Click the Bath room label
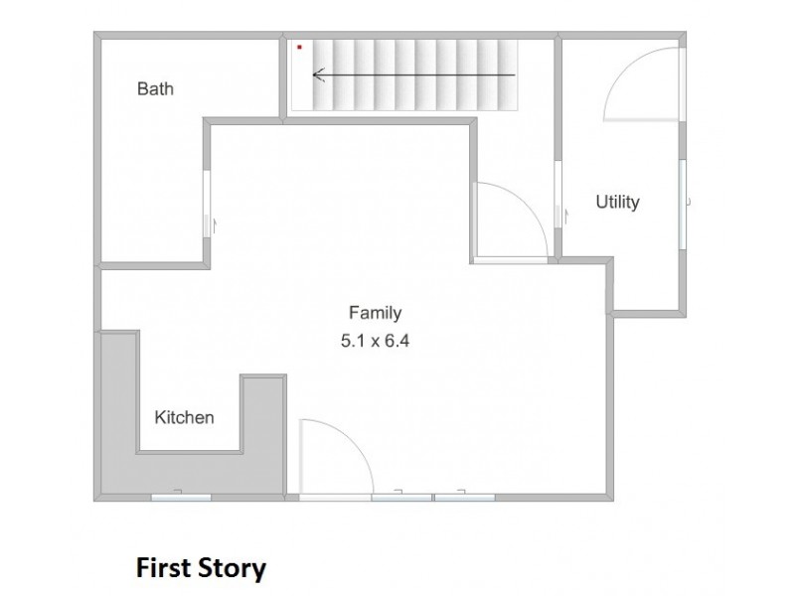pyautogui.click(x=155, y=88)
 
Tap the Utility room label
pyautogui.click(x=617, y=202)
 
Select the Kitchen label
pyautogui.click(x=184, y=417)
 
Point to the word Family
pyautogui.click(x=376, y=313)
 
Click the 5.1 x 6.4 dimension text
pyautogui.click(x=376, y=341)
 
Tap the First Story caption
pyautogui.click(x=201, y=568)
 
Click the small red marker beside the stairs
pyautogui.click(x=300, y=47)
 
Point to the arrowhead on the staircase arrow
pyautogui.click(x=318, y=75)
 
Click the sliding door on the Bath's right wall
pyautogui.click(x=207, y=204)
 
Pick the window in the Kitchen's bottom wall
pyautogui.click(x=181, y=498)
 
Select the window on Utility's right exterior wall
pyautogui.click(x=683, y=204)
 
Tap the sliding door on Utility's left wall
pyautogui.click(x=557, y=195)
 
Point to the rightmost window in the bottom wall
pyautogui.click(x=465, y=498)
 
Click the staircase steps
pyautogui.click(x=414, y=75)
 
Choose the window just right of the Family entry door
pyautogui.click(x=401, y=498)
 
